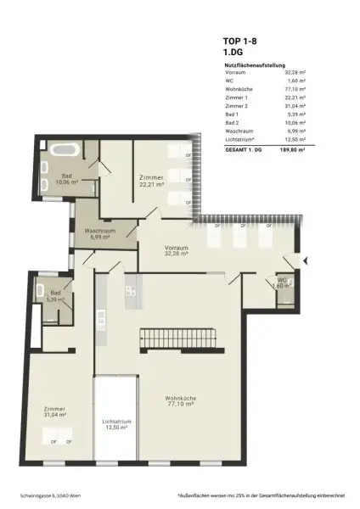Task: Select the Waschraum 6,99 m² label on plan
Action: (99, 234)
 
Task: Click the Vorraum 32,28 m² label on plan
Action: (176, 249)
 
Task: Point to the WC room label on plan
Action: (282, 283)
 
